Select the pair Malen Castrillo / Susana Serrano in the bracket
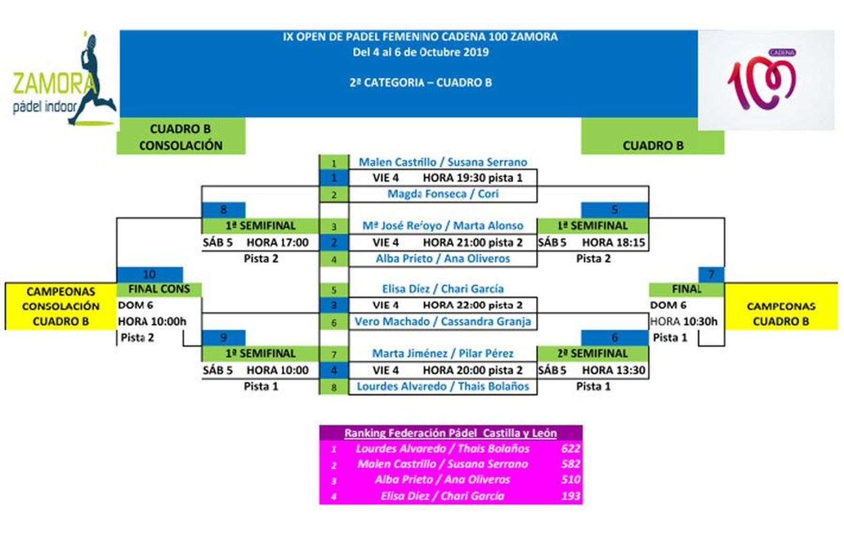443,162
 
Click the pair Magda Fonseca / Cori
443,194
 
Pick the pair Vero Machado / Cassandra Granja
443,322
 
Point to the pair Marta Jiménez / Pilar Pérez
443,353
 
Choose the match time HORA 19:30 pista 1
472,178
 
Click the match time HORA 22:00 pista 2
472,305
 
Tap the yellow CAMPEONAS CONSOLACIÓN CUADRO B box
61,306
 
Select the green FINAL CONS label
159,289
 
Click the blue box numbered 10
149,274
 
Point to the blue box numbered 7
711,274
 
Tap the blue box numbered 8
223,209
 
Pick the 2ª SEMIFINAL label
592,353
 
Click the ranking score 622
570,449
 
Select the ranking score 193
570,496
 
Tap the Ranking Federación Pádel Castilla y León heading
450,433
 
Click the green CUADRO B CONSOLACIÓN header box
180,137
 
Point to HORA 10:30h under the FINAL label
684,322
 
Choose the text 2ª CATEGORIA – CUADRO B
420,82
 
